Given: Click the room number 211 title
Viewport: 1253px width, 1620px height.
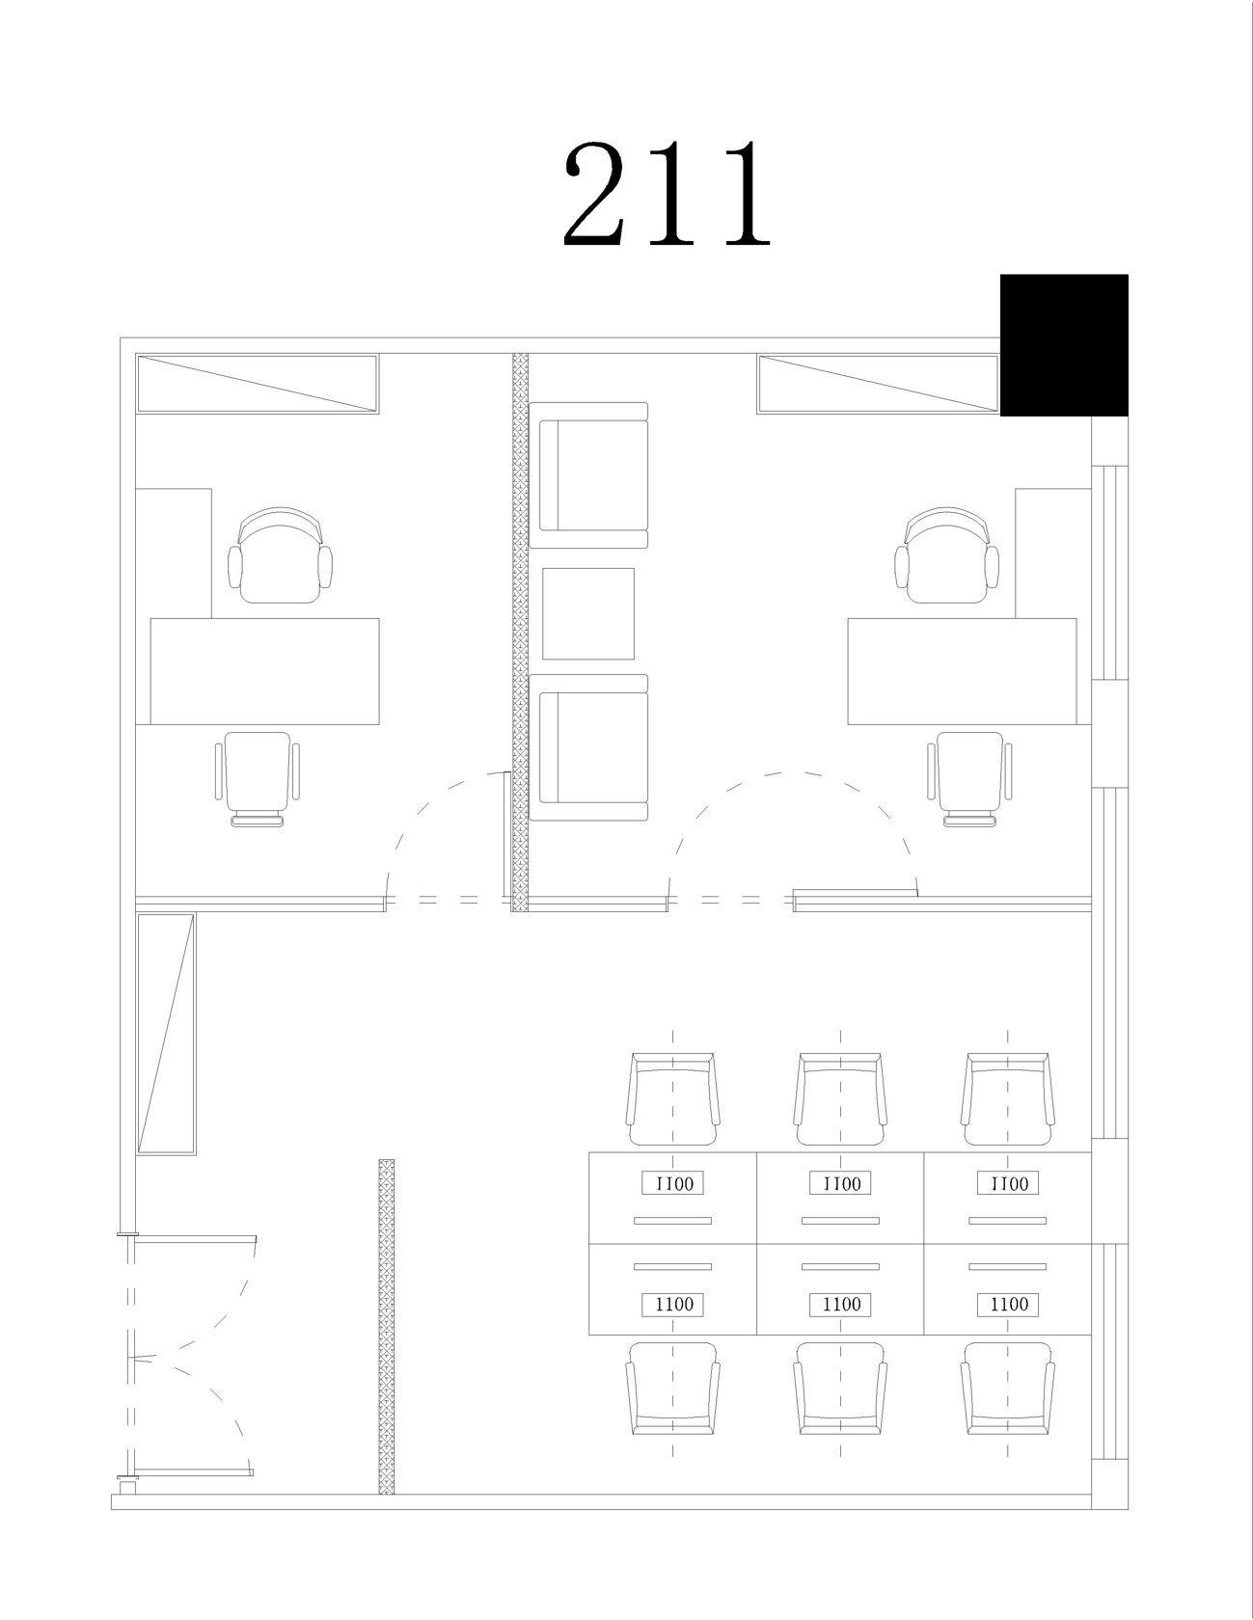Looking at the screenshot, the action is tap(667, 192).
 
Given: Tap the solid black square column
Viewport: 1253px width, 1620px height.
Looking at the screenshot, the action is tap(1064, 345).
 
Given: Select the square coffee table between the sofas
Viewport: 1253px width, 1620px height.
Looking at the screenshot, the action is tap(588, 613).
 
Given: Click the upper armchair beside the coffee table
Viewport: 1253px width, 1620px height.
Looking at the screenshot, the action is tap(588, 474).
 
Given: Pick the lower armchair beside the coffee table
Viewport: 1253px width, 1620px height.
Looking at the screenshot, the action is tap(588, 747).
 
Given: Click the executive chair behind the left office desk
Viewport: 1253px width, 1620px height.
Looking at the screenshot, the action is tap(280, 556).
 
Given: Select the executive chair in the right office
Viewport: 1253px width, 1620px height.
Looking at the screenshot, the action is tap(948, 556).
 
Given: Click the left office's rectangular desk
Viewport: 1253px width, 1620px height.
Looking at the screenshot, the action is tap(264, 671).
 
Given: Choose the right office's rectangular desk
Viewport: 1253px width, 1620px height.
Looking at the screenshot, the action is tap(962, 671).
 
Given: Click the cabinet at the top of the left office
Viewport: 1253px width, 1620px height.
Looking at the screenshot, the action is tap(257, 384).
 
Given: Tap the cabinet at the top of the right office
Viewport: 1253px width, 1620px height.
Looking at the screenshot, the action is tap(878, 384).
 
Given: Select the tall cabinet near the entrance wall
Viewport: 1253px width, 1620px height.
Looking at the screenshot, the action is tap(166, 1034).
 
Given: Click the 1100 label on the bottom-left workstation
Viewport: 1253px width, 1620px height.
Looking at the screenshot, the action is tap(674, 1304).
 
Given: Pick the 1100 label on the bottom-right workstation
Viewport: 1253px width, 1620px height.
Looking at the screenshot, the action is tap(1009, 1304).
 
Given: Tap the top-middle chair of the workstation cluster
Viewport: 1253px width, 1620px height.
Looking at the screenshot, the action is tap(840, 1098).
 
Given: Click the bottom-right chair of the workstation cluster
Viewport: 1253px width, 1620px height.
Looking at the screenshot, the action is tap(1008, 1389).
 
